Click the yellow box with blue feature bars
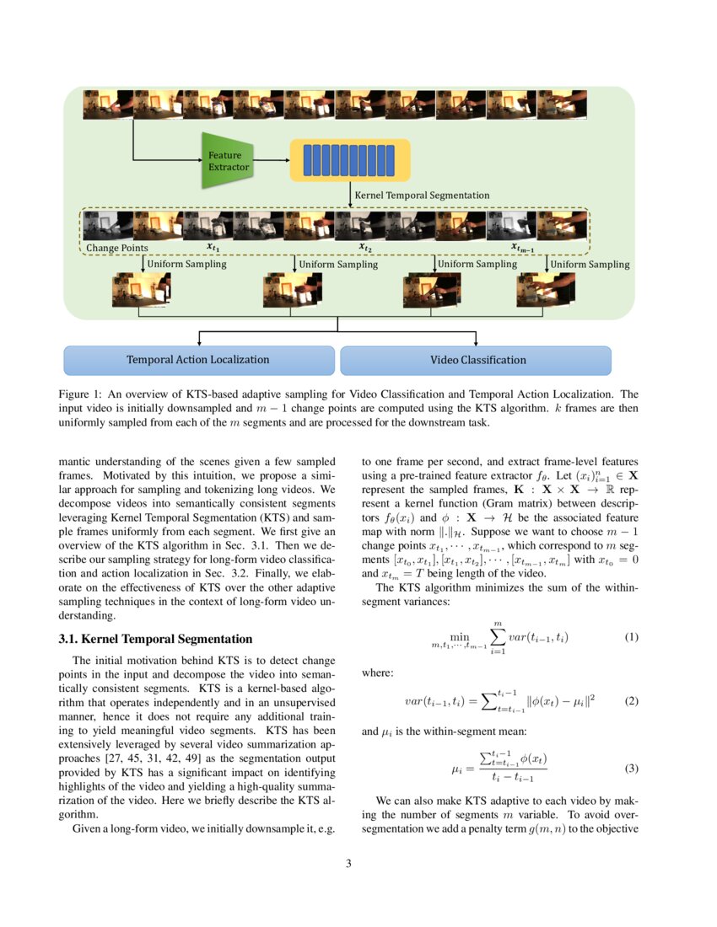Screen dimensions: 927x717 point(349,160)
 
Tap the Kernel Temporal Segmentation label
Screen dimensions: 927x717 point(422,195)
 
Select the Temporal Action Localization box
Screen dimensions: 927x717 point(198,360)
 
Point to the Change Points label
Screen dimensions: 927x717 point(117,248)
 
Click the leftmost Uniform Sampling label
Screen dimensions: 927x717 point(186,264)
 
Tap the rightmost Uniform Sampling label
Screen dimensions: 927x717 point(590,264)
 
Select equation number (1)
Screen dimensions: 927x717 point(632,637)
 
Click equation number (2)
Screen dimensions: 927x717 point(632,701)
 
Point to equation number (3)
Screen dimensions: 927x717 point(632,769)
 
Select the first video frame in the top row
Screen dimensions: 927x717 point(107,105)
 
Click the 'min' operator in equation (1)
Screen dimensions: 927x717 point(460,637)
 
